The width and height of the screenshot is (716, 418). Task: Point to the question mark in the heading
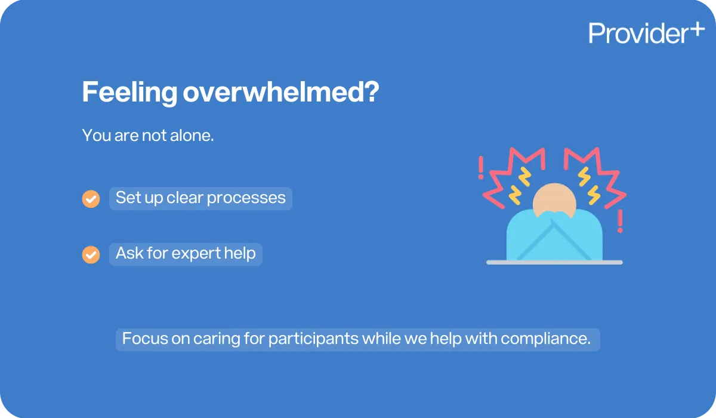371,94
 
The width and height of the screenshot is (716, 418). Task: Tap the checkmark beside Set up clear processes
91,199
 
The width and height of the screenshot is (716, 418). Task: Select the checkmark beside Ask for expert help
91,254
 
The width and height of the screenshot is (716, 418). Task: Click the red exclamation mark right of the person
621,221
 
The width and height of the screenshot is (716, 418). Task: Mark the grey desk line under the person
554,262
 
